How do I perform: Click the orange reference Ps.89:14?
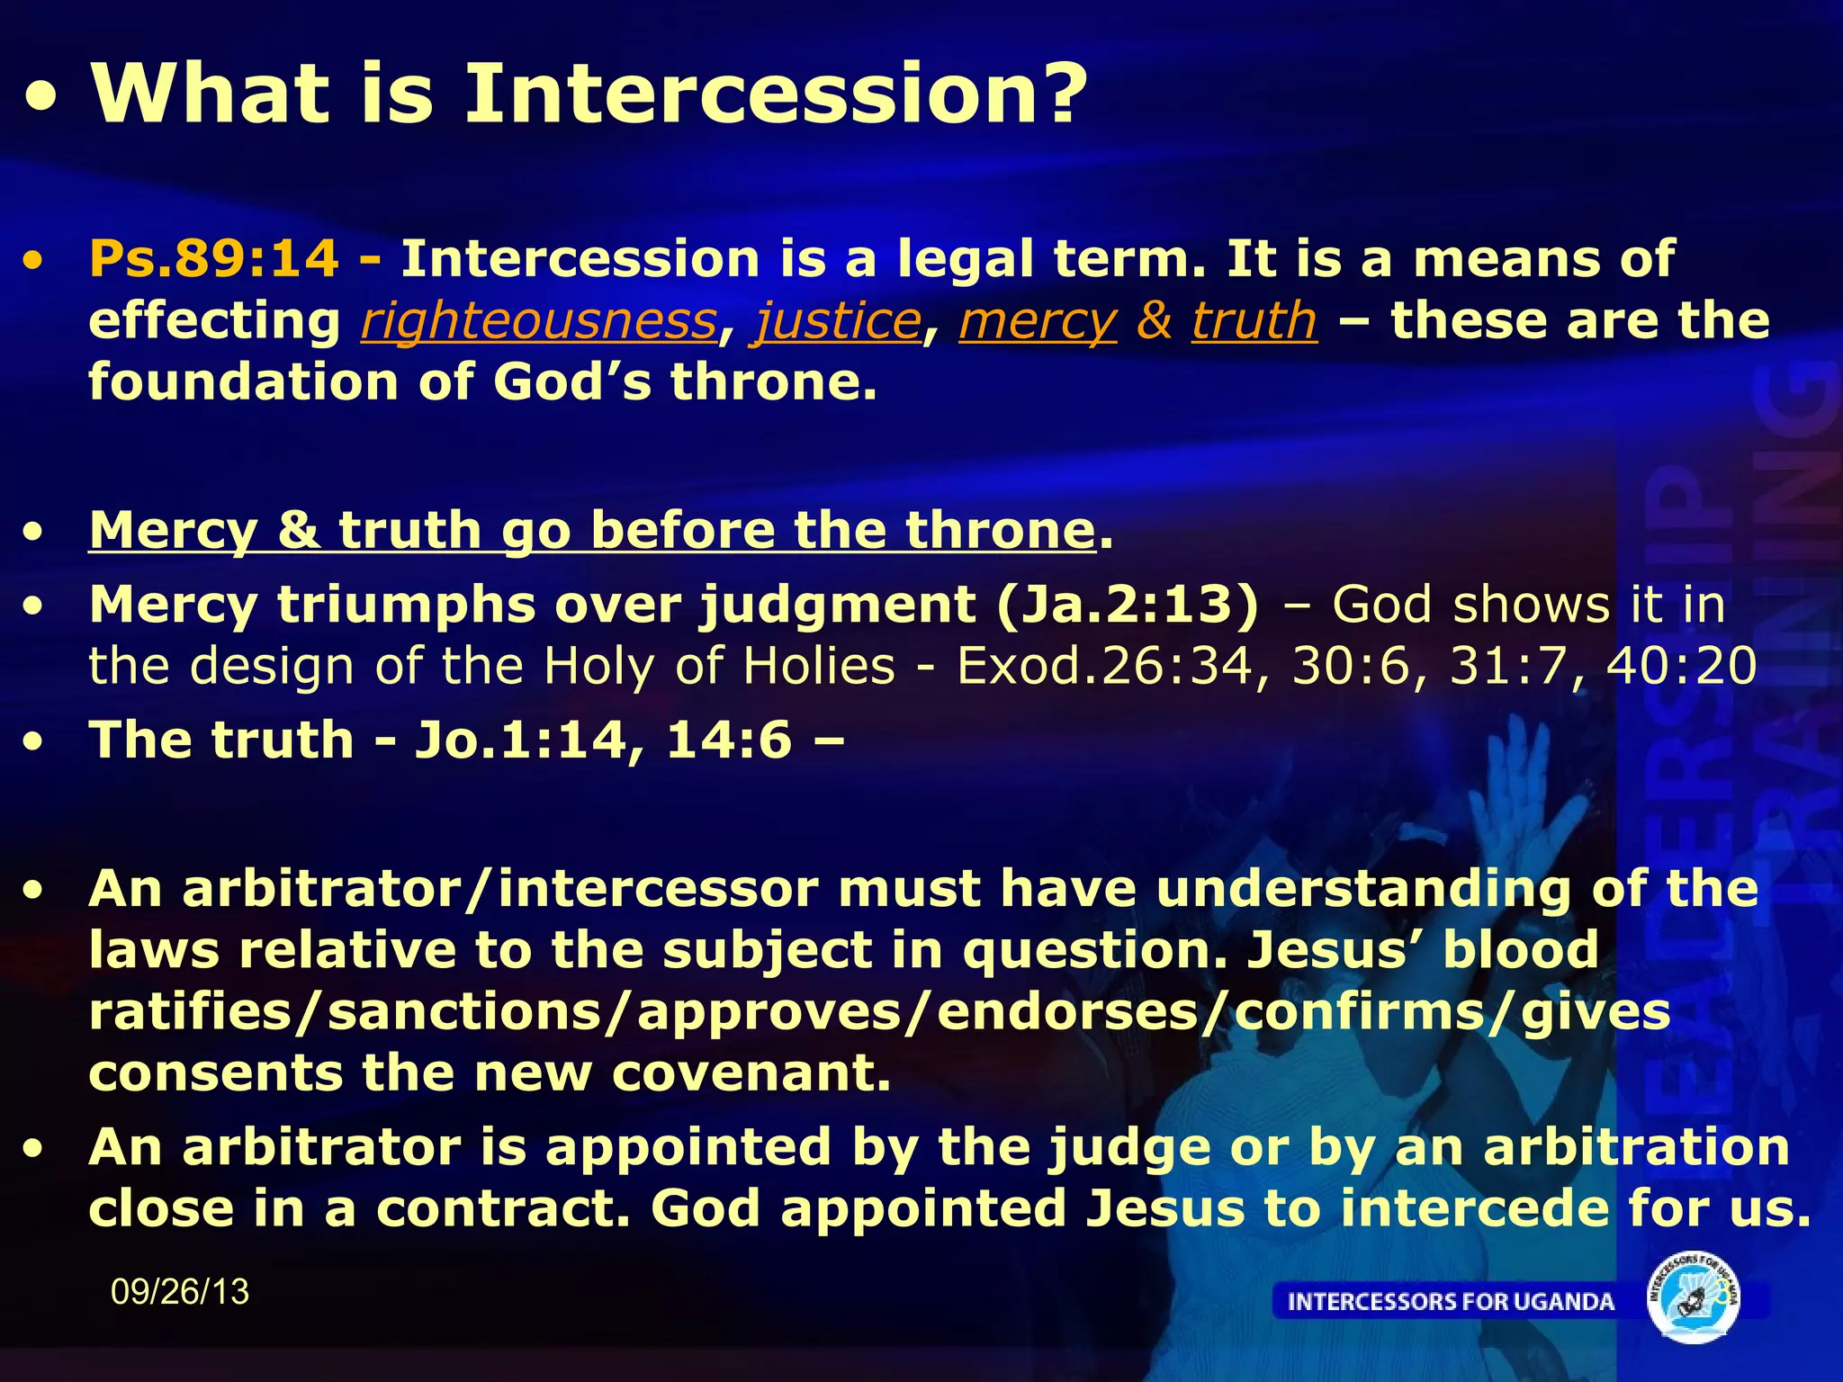tap(214, 259)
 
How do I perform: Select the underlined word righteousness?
tap(539, 321)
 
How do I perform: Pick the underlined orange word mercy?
tap(1038, 321)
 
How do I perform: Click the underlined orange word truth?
tap(1254, 321)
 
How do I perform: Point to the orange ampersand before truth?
tap(1155, 321)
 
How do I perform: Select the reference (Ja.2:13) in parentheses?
tap(1128, 604)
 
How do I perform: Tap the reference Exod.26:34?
tap(1104, 667)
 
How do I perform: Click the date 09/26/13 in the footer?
tap(180, 1292)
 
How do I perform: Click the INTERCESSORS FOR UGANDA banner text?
tap(1451, 1302)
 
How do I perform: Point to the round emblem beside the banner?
tap(1693, 1298)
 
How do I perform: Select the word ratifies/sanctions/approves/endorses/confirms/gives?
tap(879, 1012)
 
